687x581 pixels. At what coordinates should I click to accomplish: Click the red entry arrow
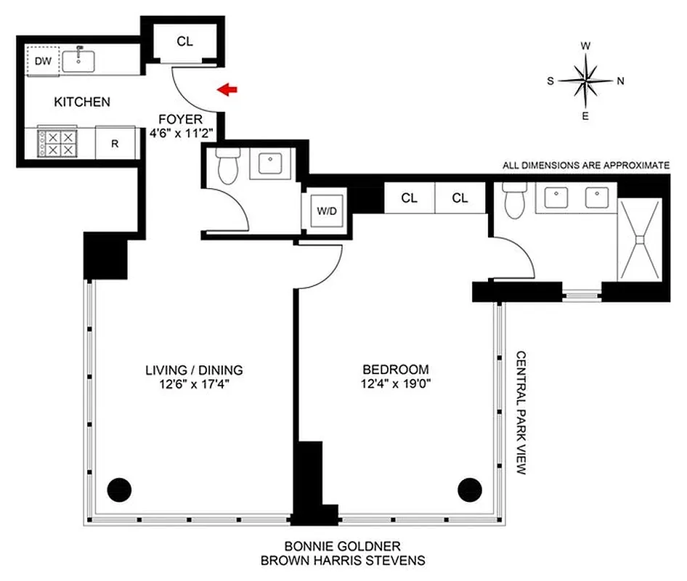click(x=228, y=89)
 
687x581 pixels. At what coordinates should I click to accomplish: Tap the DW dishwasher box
click(x=44, y=62)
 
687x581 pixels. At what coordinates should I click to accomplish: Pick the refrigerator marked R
click(x=115, y=143)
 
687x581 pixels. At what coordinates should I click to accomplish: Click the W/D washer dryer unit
click(x=325, y=211)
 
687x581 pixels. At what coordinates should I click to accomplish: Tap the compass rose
click(x=585, y=81)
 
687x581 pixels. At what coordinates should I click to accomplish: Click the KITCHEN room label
click(x=82, y=102)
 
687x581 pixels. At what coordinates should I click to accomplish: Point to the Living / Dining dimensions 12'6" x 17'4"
click(x=193, y=384)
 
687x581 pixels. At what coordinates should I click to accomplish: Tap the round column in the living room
click(x=118, y=489)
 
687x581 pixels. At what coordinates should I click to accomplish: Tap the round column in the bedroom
click(x=469, y=489)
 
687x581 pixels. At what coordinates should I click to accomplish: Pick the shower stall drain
click(x=640, y=238)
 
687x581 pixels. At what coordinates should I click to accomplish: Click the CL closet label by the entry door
click(x=185, y=41)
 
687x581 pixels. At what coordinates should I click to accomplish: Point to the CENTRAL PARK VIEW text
click(x=521, y=413)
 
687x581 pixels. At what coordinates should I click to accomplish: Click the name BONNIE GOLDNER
click(x=342, y=545)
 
